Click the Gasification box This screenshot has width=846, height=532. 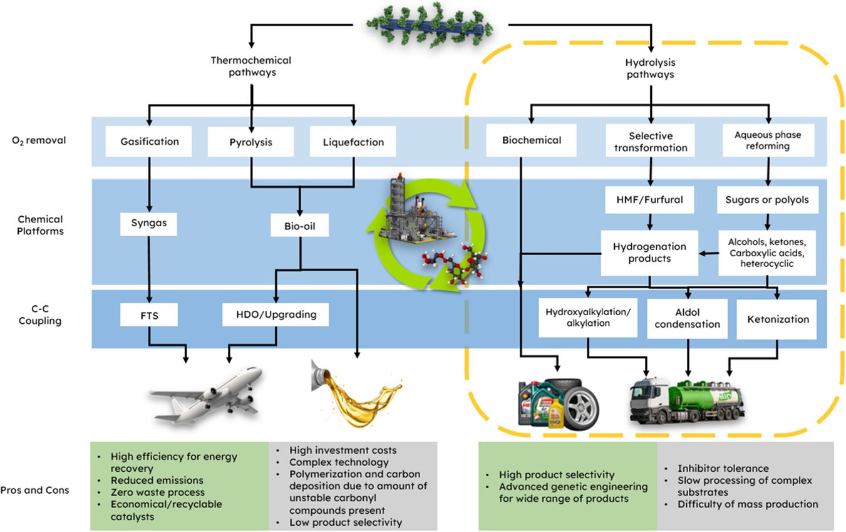[x=150, y=141]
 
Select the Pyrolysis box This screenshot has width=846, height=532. [x=250, y=142]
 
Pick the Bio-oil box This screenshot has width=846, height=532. [x=300, y=224]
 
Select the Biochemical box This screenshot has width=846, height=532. [x=524, y=141]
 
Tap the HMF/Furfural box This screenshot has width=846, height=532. [x=650, y=201]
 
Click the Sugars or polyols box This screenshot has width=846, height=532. [x=766, y=201]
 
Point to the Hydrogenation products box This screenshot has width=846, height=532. [x=649, y=253]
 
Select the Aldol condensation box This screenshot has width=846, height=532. [x=687, y=318]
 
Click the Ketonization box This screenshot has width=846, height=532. [x=777, y=319]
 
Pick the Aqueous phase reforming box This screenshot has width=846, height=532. [x=768, y=141]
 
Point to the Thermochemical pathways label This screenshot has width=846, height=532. [x=251, y=67]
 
